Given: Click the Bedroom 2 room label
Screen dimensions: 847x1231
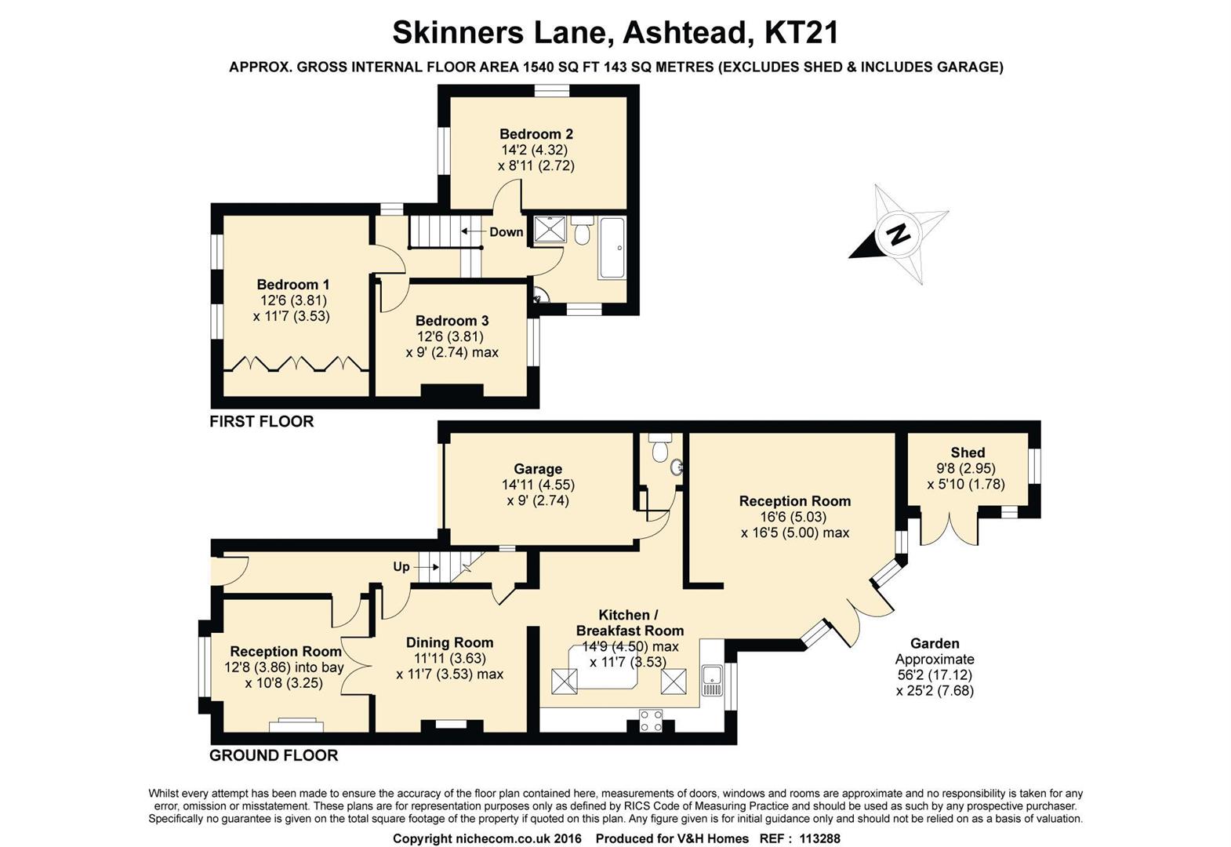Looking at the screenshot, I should pyautogui.click(x=536, y=134).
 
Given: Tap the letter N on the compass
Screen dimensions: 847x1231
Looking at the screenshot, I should pyautogui.click(x=899, y=234).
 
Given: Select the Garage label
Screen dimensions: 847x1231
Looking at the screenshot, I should pyautogui.click(x=537, y=469).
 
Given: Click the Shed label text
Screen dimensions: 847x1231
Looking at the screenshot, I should pyautogui.click(x=968, y=453).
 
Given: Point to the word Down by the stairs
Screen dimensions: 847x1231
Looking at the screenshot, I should pyautogui.click(x=506, y=232).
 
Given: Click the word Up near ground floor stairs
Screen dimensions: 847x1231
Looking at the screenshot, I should pyautogui.click(x=401, y=567).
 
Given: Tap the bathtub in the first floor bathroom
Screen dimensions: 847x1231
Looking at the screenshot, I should pyautogui.click(x=612, y=248).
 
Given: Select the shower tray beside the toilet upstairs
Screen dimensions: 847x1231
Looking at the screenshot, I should pyautogui.click(x=544, y=230).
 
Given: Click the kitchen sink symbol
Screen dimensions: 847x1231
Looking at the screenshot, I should pyautogui.click(x=712, y=681).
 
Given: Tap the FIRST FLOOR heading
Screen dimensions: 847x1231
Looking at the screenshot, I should pyautogui.click(x=261, y=422).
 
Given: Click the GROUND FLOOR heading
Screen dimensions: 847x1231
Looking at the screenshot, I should pyautogui.click(x=273, y=756).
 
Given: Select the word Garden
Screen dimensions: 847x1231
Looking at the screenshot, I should pyautogui.click(x=934, y=644).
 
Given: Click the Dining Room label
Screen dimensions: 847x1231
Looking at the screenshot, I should pyautogui.click(x=449, y=643).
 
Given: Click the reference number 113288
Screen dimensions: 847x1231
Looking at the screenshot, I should pyautogui.click(x=819, y=838).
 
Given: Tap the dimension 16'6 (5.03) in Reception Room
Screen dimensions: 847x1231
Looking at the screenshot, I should pyautogui.click(x=794, y=517).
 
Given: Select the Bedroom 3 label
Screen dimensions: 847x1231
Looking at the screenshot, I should pyautogui.click(x=452, y=321).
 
